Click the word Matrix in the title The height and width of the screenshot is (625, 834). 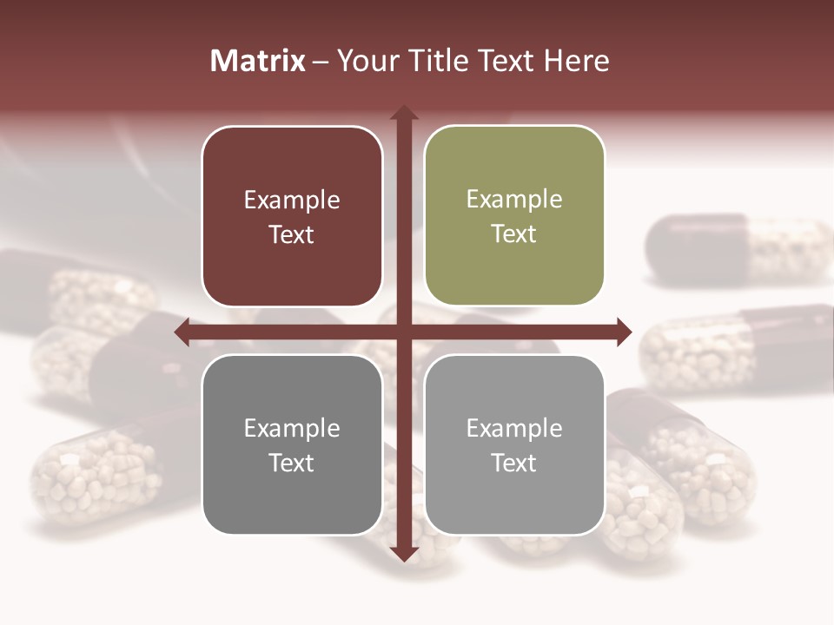pos(258,61)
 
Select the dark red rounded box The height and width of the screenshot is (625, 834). pos(292,216)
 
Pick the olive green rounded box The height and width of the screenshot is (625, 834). pos(514,216)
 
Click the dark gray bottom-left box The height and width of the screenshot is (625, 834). pos(292,444)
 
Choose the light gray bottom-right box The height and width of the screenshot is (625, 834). pos(514,444)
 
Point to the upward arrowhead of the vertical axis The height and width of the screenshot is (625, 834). pos(403,113)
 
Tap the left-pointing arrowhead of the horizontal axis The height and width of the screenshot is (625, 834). pos(182,332)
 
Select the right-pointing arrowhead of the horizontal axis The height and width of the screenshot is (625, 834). pos(623,332)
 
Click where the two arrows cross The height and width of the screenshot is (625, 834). pos(403,332)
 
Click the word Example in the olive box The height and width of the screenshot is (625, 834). pos(514,199)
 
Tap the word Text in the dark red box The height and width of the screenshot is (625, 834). pos(292,234)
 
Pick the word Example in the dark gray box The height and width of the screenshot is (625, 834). pos(292,428)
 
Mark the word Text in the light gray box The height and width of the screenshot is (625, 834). pos(514,463)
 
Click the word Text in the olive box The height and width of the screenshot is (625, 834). pos(514,234)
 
